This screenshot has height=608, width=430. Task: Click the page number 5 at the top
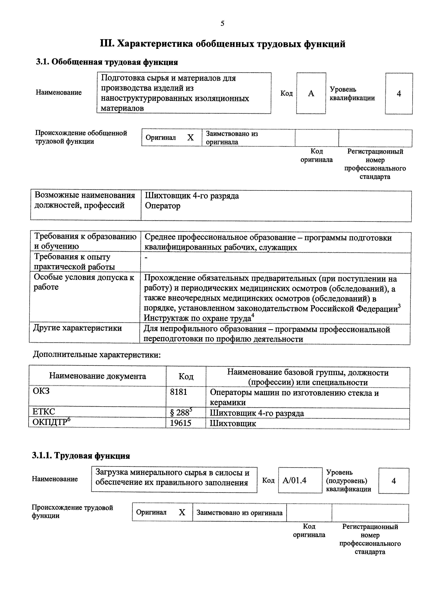coord(222,24)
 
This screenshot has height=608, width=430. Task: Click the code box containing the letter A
coord(311,93)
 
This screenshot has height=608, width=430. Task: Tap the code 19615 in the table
coord(180,423)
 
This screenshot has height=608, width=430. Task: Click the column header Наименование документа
coord(97,376)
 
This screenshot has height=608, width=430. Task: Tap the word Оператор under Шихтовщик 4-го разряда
coord(163,206)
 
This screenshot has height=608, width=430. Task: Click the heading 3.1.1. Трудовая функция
coord(81,456)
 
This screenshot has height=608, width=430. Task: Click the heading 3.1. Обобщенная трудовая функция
coord(107,62)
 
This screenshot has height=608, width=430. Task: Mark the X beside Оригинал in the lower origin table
coord(182,512)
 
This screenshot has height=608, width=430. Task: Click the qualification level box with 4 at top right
coord(399,93)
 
